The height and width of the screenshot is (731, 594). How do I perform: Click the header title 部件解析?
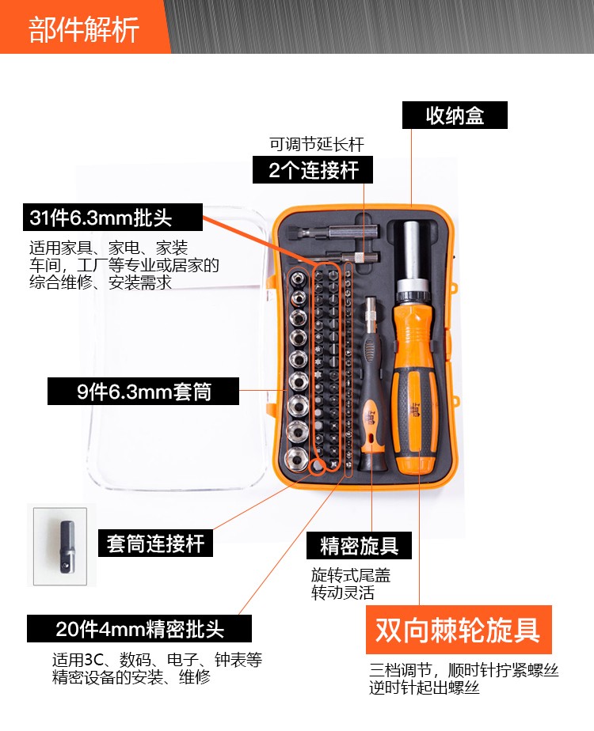[84, 29]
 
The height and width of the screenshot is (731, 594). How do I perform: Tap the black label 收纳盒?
[455, 116]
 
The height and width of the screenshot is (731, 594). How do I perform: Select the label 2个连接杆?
[313, 169]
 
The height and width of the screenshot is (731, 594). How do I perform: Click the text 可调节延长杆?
[316, 144]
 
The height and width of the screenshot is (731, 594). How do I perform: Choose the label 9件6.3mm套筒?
[143, 391]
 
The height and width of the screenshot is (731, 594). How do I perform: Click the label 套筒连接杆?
[155, 544]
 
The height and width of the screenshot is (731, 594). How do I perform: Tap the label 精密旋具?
[359, 545]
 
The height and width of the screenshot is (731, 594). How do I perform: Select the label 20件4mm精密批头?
[139, 628]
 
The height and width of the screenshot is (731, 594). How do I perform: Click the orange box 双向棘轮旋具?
[459, 630]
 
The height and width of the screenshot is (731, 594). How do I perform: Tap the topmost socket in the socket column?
[298, 279]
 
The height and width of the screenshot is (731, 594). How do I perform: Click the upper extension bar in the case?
[333, 231]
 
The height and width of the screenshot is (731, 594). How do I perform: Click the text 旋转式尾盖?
[351, 575]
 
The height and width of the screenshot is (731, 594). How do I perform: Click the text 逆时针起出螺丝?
[425, 687]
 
